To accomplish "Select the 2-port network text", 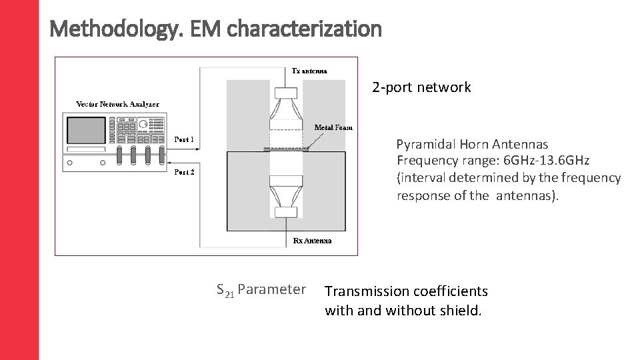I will [421, 87].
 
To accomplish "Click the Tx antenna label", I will [310, 71].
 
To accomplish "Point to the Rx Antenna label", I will [312, 241].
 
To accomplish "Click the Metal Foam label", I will [333, 127].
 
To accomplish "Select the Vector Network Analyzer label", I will [117, 104].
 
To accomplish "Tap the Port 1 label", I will [184, 139].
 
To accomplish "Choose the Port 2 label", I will [184, 172].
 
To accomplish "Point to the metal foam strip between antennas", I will [287, 150].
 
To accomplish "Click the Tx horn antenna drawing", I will [286, 110].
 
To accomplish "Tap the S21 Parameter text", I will [261, 289].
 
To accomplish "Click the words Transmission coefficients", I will [406, 291].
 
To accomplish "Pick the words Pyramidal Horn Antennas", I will [472, 144].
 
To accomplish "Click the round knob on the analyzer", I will [143, 125].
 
